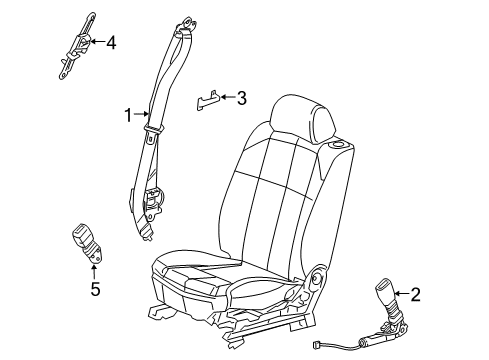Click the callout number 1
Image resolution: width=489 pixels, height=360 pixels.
pyautogui.click(x=128, y=115)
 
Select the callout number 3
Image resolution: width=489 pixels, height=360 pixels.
pyautogui.click(x=240, y=98)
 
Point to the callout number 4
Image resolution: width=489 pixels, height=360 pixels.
pyautogui.click(x=111, y=42)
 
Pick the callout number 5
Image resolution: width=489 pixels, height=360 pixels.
pyautogui.click(x=95, y=290)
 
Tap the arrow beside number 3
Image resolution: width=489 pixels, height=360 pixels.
pyautogui.click(x=225, y=98)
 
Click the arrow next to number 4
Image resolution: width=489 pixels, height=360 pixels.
pyautogui.click(x=96, y=42)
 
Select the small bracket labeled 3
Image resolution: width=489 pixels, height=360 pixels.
pyautogui.click(x=206, y=102)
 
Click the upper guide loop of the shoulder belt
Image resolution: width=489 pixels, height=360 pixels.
pyautogui.click(x=186, y=35)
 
